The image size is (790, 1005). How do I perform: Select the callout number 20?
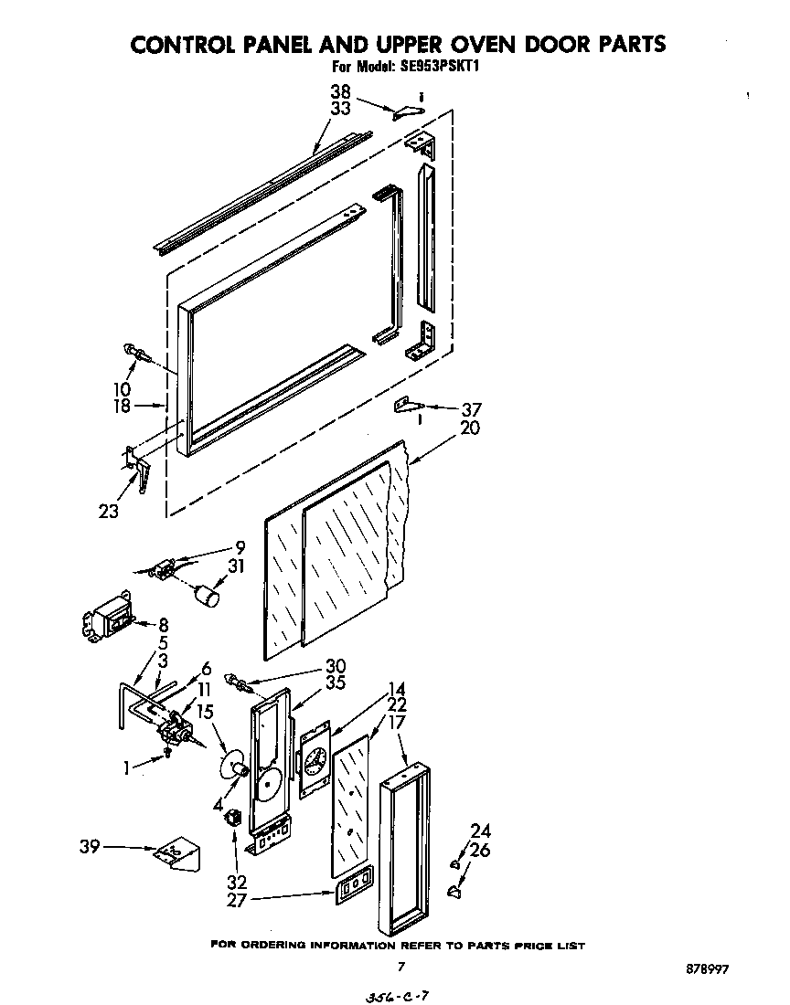coord(471,428)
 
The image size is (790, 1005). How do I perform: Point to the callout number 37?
coord(471,410)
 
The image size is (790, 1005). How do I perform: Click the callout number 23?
coord(108,512)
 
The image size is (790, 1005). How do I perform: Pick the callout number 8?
coord(164,626)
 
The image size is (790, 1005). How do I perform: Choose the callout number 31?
coord(238,566)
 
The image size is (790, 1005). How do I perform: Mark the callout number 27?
coord(237,899)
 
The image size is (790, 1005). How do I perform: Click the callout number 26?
coord(481,850)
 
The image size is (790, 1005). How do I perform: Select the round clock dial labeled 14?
coord(315,759)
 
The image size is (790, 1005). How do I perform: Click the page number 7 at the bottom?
coord(400,965)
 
